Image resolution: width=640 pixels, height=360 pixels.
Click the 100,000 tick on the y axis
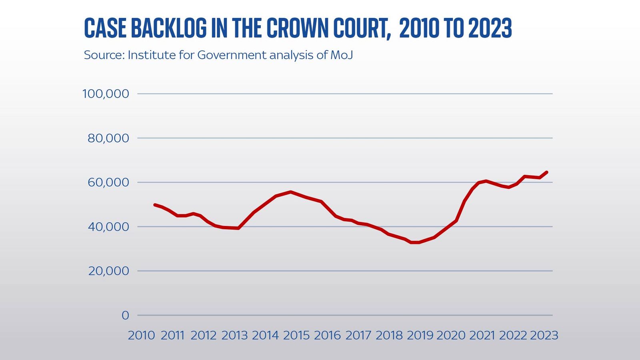[x=106, y=94]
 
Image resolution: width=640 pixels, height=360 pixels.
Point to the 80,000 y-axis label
[x=108, y=138]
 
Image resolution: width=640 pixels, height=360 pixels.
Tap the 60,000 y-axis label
[x=108, y=183]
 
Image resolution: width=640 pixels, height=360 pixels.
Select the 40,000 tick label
[x=108, y=227]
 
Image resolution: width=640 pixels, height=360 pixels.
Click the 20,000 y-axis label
[x=108, y=271]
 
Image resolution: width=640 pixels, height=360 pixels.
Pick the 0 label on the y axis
[x=125, y=316]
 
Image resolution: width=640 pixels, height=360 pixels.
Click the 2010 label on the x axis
[x=141, y=335]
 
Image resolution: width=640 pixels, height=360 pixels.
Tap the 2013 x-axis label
[x=234, y=335]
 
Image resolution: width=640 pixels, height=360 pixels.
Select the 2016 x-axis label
[x=327, y=335]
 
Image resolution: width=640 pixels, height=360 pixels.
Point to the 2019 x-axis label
[x=420, y=335]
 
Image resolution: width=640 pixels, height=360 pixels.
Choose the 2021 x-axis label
[x=482, y=335]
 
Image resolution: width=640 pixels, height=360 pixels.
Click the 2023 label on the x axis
[x=544, y=335]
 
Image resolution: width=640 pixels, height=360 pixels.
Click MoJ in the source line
[x=342, y=55]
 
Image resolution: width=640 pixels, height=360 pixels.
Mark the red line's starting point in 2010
[x=155, y=204]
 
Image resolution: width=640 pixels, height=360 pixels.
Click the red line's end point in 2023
[x=547, y=172]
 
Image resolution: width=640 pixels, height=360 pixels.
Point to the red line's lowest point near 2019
[x=414, y=242]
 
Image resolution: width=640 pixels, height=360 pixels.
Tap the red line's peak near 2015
[x=291, y=192]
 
